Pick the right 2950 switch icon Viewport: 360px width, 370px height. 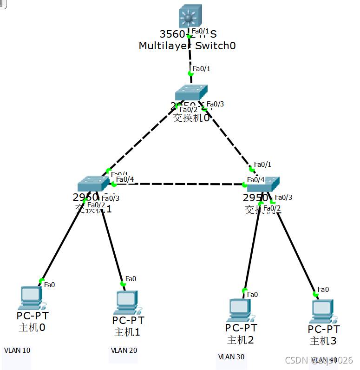point(263,185)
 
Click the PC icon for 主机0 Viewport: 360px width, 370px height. point(31,298)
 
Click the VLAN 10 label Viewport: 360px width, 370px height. point(17,350)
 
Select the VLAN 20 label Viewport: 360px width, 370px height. point(124,350)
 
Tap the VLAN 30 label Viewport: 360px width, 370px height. point(231,357)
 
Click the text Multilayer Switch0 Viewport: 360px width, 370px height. point(187,46)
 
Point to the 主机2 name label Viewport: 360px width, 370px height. point(240,340)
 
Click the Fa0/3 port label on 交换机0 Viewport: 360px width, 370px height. point(215,104)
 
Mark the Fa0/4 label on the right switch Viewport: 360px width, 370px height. point(255,180)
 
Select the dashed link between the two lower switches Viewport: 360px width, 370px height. point(179,184)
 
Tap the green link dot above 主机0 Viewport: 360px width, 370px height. point(41,280)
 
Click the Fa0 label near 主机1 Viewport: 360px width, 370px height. point(131,279)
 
